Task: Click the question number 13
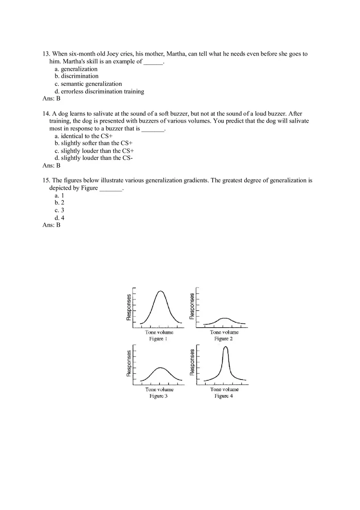(x=46, y=54)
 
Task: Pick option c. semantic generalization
(x=88, y=84)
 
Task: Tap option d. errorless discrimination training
(x=99, y=92)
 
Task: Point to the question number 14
(x=46, y=114)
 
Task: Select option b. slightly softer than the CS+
(x=93, y=143)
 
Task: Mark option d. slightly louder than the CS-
(x=93, y=158)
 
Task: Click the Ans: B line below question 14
(x=52, y=166)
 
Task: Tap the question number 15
(x=46, y=180)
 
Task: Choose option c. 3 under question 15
(x=59, y=210)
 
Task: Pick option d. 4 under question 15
(x=59, y=218)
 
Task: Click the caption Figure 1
(x=156, y=339)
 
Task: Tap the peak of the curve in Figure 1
(x=160, y=291)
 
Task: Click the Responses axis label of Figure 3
(x=129, y=363)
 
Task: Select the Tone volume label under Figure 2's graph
(x=224, y=332)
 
